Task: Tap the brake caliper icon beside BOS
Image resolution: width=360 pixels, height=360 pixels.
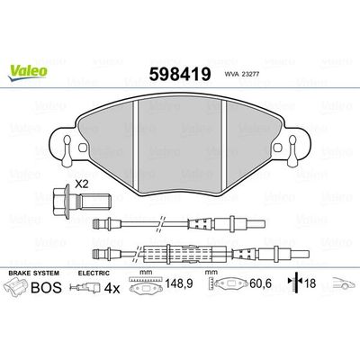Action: (22, 288)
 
